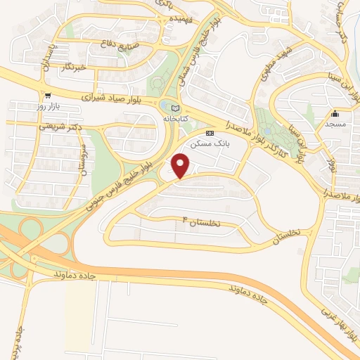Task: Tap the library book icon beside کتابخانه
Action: pos(175,108)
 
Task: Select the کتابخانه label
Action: pos(175,120)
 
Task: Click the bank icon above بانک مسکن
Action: pos(209,133)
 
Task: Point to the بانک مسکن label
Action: pos(209,143)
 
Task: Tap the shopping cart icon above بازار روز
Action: pos(47,96)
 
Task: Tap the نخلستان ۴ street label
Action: pos(206,222)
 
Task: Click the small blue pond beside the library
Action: pos(165,107)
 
